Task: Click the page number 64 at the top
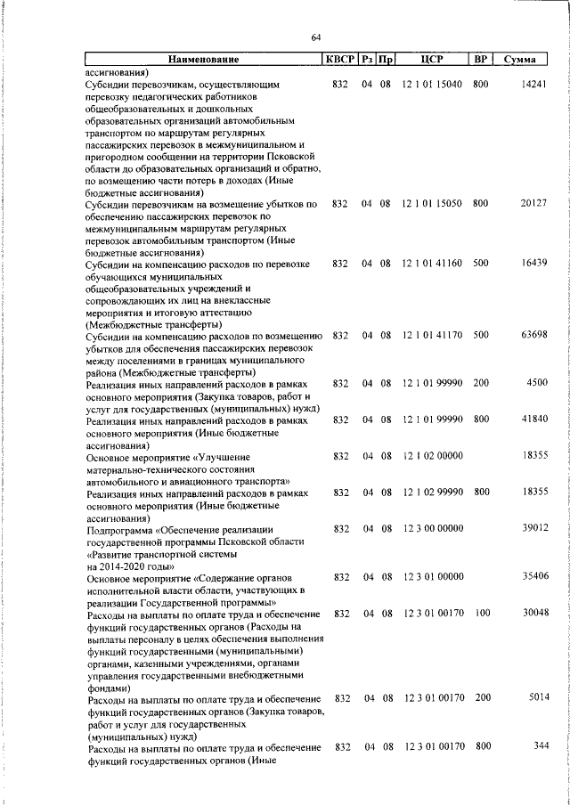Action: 316,37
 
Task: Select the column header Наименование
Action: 203,60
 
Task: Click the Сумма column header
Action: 519,60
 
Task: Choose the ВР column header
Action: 480,60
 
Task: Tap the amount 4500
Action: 535,384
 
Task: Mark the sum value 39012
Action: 532,529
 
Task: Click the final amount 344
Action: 539,746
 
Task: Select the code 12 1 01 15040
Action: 432,84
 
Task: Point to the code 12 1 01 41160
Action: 432,265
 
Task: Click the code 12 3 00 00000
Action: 432,529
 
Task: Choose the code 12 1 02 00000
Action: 432,456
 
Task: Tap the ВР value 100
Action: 481,614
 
